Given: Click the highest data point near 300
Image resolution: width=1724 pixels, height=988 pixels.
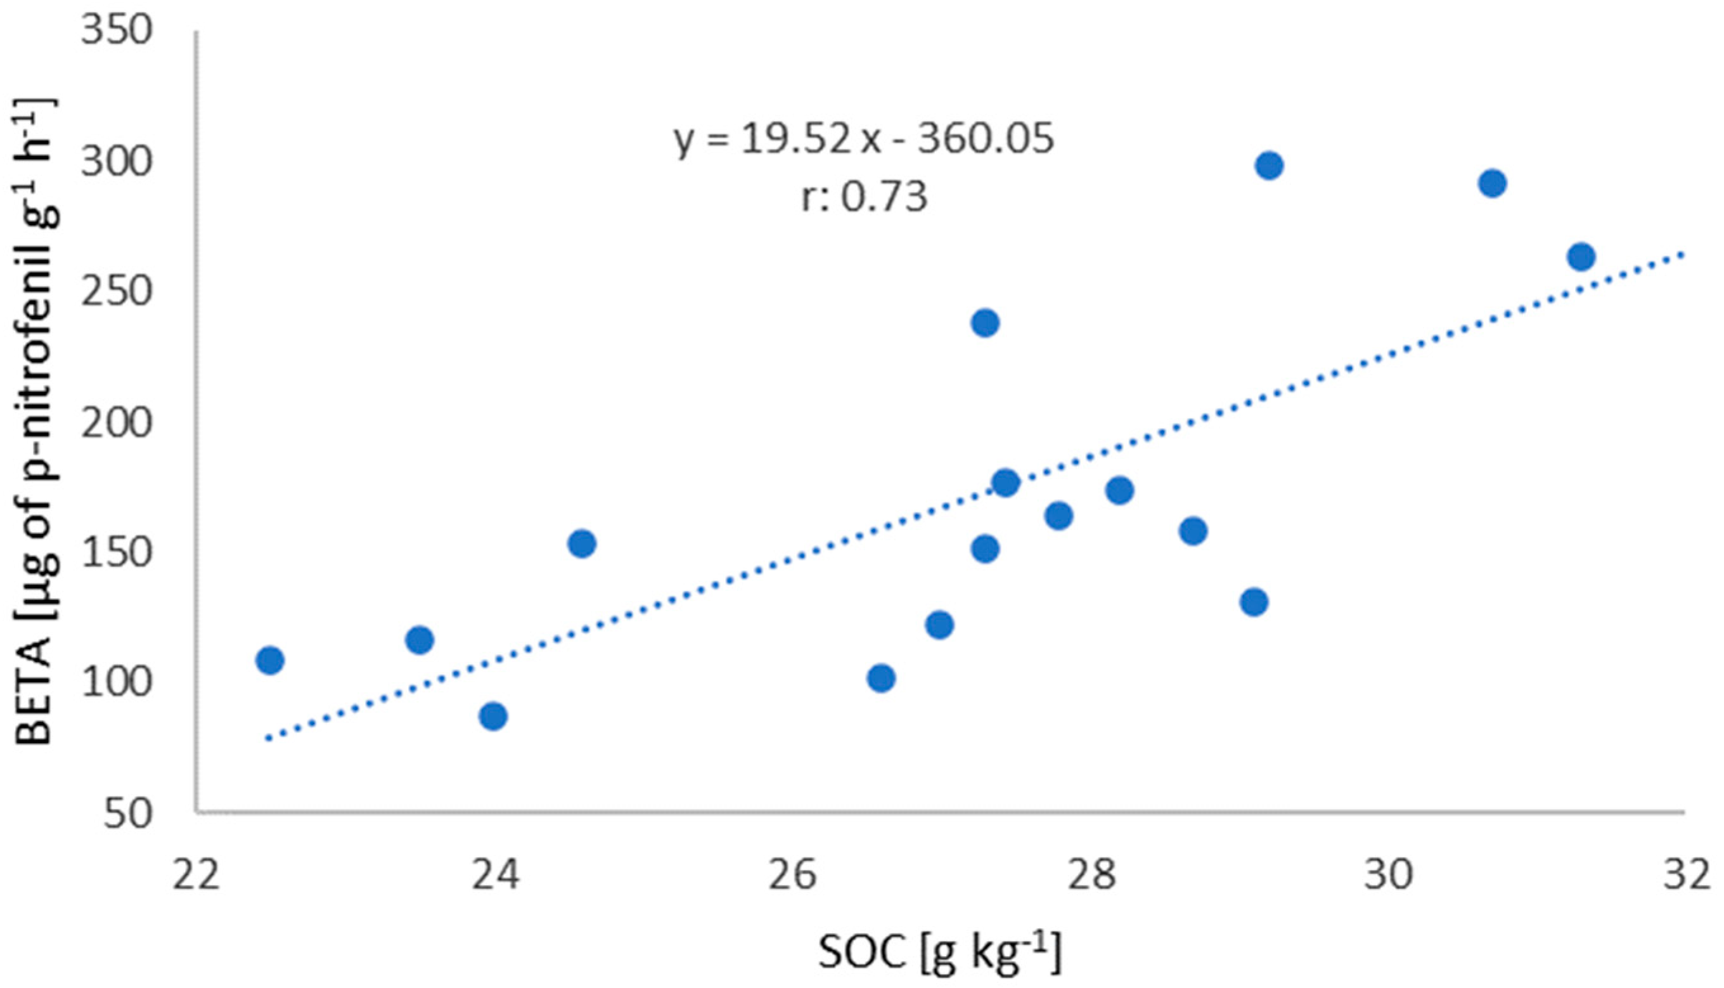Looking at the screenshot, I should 1268,166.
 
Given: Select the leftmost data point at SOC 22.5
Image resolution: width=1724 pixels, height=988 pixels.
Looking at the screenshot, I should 270,660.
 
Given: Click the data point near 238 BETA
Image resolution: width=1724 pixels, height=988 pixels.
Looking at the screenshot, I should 985,323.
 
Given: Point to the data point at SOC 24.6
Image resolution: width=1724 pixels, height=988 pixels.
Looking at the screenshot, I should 582,543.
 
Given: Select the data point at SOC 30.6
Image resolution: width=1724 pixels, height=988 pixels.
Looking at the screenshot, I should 1492,183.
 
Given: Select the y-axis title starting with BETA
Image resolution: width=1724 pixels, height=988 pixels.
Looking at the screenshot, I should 37,420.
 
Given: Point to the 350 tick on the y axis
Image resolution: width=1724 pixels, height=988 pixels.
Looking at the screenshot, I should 115,31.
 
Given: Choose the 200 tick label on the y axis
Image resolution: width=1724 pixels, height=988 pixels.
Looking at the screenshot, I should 115,424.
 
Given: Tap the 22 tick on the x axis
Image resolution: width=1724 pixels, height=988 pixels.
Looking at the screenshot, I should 196,875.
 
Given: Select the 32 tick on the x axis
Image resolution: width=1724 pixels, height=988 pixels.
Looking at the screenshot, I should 1686,875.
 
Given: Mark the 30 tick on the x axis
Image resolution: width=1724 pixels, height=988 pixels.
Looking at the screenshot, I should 1388,875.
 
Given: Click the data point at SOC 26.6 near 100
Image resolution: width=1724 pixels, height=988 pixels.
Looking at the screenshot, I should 880,678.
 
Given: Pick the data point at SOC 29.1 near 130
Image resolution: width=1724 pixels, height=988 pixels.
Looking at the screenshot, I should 1254,602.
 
